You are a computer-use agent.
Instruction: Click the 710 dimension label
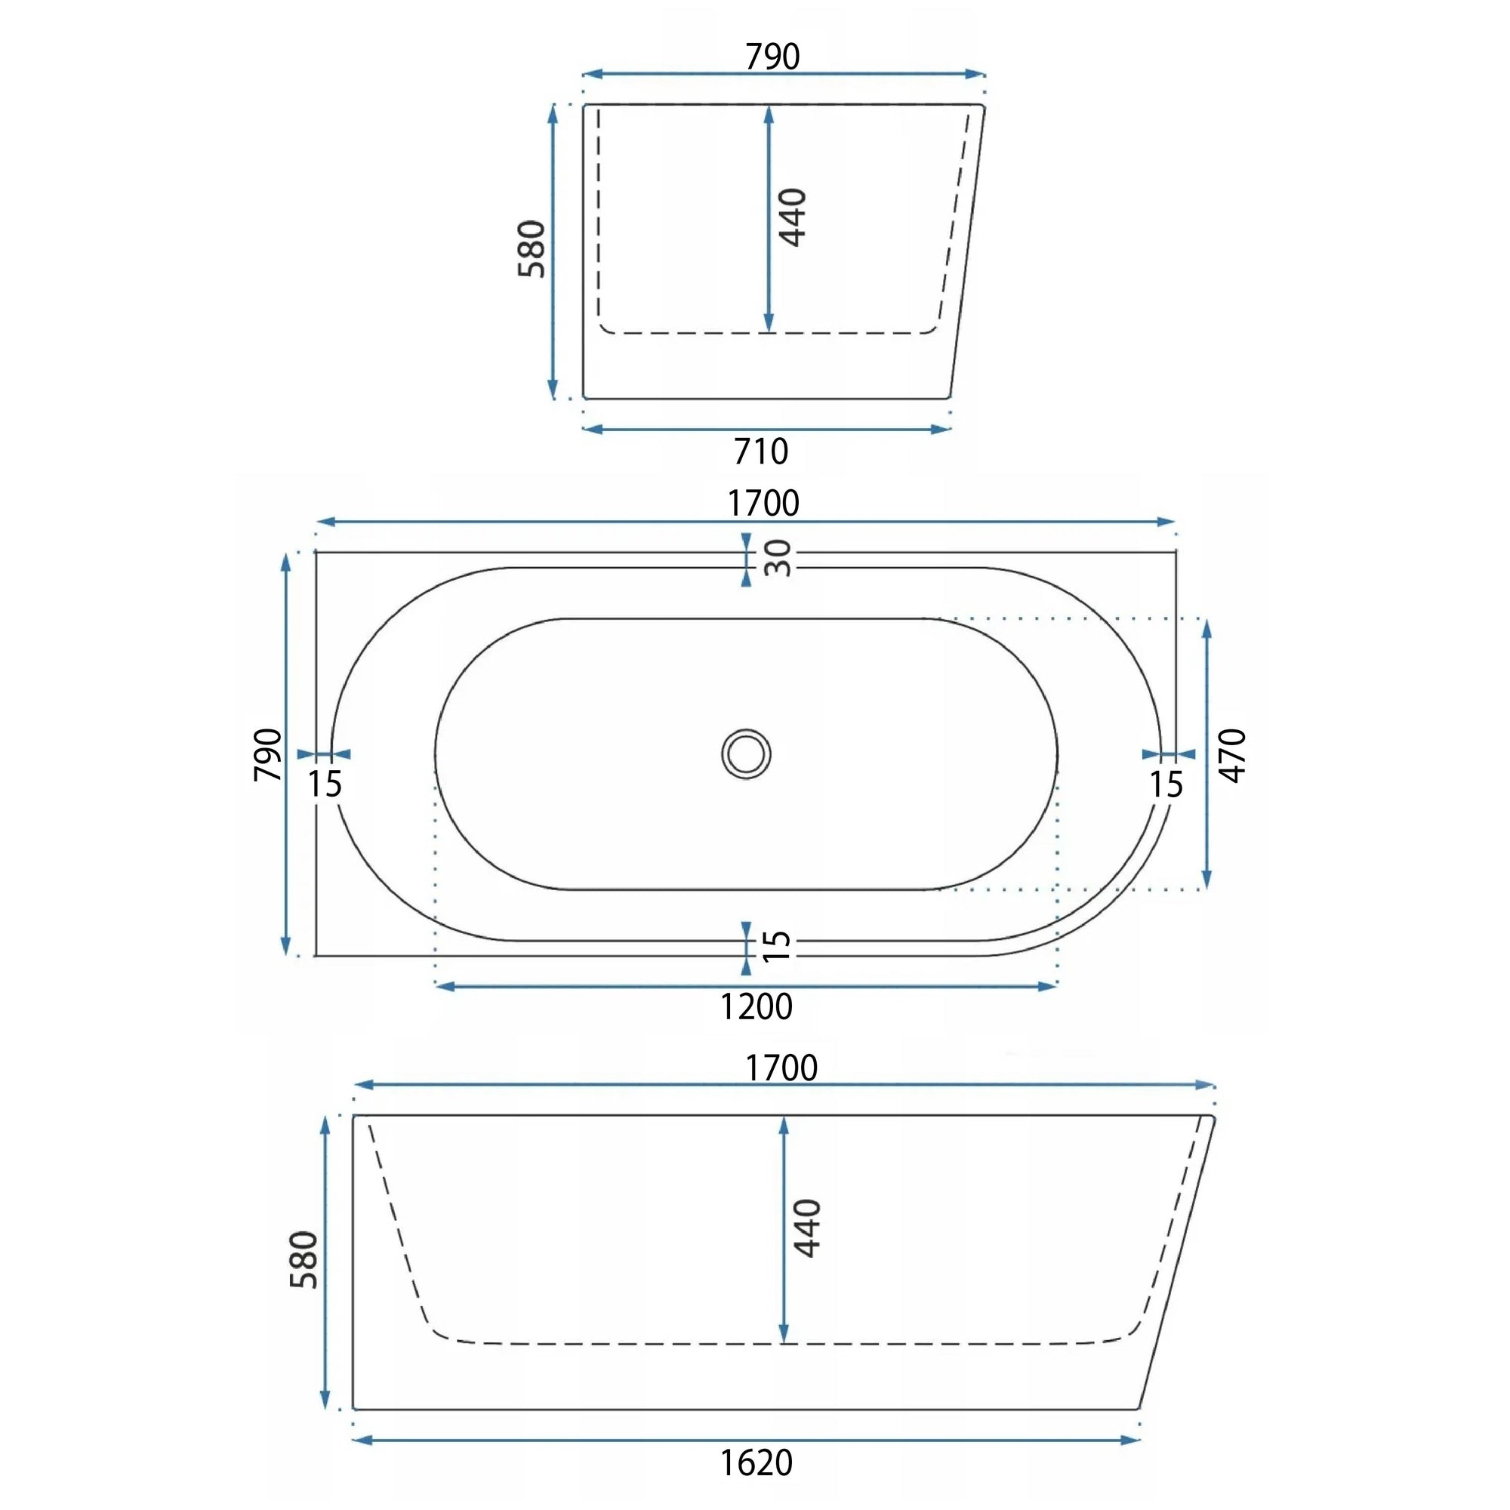coord(760,451)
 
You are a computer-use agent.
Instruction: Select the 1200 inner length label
coord(756,1006)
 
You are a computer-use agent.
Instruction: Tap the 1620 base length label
coord(756,1462)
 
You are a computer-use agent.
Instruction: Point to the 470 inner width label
coord(1233,755)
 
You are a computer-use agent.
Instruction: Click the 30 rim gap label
coord(778,558)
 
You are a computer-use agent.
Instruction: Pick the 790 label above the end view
coord(772,57)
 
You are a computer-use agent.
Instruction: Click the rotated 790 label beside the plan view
coord(268,754)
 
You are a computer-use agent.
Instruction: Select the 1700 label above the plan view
coord(763,504)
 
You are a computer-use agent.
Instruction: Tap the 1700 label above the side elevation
coord(781,1068)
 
